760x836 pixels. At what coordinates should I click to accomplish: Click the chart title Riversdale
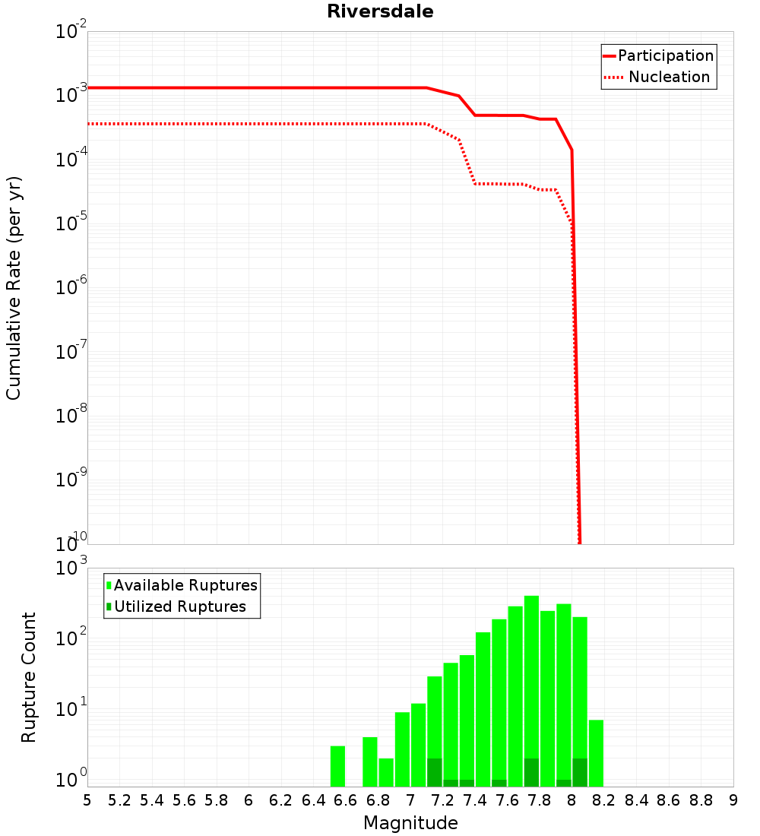pyautogui.click(x=380, y=11)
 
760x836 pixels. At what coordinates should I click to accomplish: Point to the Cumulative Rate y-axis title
pyautogui.click(x=14, y=288)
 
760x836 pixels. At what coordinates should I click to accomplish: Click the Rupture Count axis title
pyautogui.click(x=29, y=677)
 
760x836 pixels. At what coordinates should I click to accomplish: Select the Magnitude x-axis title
pyautogui.click(x=410, y=823)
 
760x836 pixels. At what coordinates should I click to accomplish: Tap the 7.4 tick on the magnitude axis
pyautogui.click(x=475, y=800)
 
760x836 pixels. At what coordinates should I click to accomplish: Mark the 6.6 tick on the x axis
pyautogui.click(x=346, y=800)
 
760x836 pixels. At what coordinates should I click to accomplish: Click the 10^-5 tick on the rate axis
pyautogui.click(x=71, y=223)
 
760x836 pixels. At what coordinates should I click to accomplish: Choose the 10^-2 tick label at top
pyautogui.click(x=71, y=32)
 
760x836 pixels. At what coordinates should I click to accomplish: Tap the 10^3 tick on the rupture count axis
pyautogui.click(x=71, y=568)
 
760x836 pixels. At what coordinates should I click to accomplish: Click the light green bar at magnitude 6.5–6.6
pyautogui.click(x=337, y=766)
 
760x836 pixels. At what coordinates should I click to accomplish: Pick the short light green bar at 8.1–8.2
pyautogui.click(x=596, y=752)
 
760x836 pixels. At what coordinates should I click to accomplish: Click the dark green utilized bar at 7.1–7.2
pyautogui.click(x=435, y=772)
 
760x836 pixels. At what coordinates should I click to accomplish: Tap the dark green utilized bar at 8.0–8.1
pyautogui.click(x=580, y=772)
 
